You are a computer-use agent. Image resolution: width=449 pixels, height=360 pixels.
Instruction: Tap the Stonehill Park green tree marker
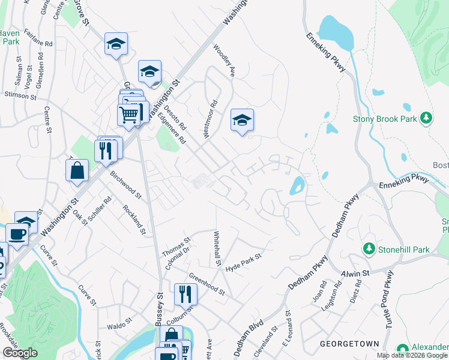point(369,248)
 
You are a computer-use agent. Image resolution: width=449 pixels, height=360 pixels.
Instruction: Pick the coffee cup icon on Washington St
point(17,235)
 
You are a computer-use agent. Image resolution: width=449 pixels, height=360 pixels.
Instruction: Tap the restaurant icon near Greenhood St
point(185,293)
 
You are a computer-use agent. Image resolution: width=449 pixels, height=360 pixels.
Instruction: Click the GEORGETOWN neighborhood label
point(349,344)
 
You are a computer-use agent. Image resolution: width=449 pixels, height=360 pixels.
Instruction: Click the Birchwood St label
point(125,184)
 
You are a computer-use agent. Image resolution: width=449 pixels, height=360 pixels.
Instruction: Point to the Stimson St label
point(20,95)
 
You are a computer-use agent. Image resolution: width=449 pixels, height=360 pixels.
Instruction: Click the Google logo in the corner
point(20,353)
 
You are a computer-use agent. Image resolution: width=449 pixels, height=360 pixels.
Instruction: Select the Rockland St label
point(134,218)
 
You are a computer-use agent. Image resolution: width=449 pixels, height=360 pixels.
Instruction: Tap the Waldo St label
point(119,326)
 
